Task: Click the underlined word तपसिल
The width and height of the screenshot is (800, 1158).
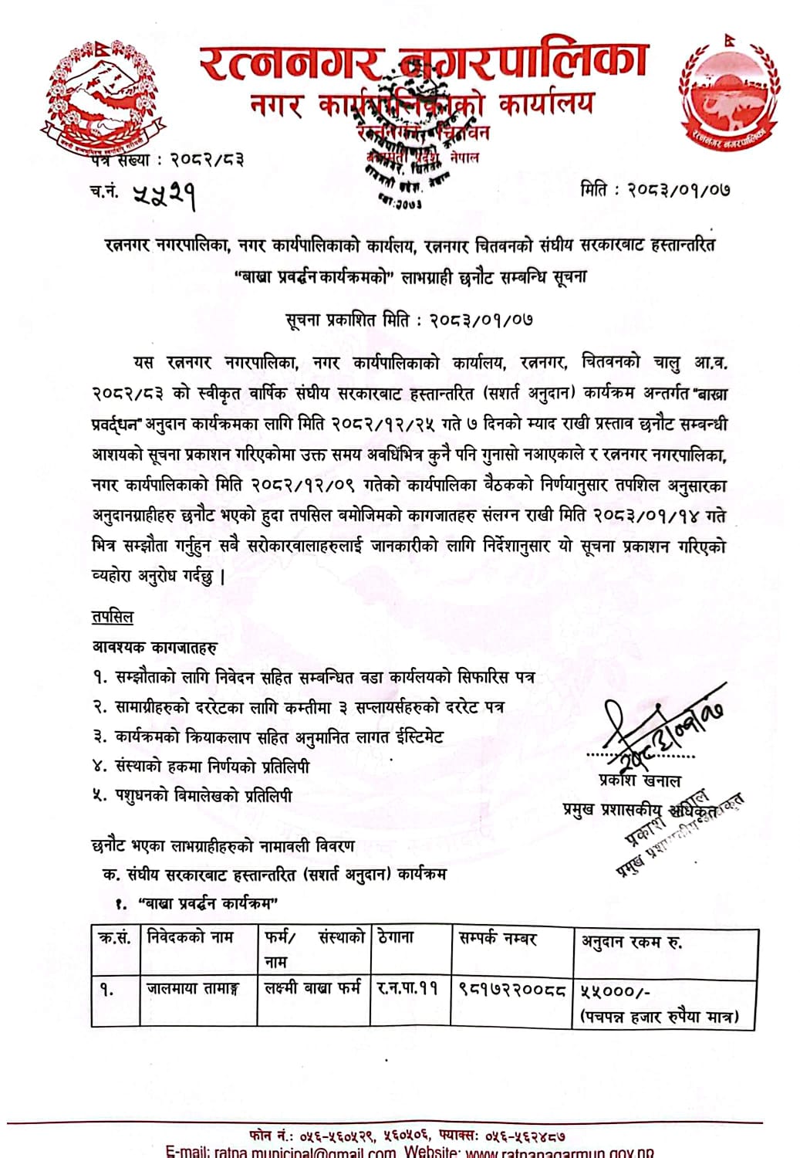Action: click(113, 617)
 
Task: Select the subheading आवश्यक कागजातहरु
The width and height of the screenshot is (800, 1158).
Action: click(154, 647)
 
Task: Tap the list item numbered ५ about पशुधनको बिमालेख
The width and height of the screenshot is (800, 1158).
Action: click(193, 795)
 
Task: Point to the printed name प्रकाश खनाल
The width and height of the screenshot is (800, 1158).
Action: click(640, 780)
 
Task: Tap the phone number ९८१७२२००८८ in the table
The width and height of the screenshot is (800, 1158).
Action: click(512, 989)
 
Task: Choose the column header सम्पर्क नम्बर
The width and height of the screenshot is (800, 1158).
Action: click(497, 939)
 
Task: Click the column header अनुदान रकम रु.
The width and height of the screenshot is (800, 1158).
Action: click(631, 941)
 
